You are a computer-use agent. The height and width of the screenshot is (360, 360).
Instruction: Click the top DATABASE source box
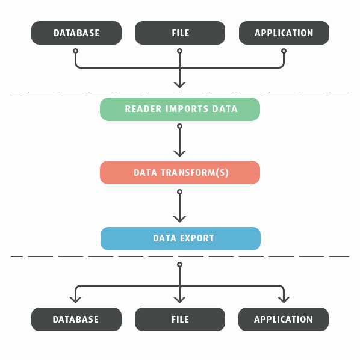click(x=76, y=33)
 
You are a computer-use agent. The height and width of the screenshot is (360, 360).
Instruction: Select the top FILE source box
click(x=180, y=33)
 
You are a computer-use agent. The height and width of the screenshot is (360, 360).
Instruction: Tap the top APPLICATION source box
click(x=284, y=33)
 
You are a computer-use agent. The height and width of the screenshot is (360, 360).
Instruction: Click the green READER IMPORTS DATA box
click(x=180, y=110)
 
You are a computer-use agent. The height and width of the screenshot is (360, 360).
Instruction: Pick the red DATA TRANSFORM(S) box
click(x=180, y=172)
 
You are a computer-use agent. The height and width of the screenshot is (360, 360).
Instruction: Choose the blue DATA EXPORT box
click(x=181, y=238)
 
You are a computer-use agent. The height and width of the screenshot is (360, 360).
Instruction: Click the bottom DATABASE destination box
click(x=76, y=319)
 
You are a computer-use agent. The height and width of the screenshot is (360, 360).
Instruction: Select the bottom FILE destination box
click(x=180, y=319)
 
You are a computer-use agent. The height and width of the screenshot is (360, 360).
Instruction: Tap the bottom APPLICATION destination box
click(x=284, y=319)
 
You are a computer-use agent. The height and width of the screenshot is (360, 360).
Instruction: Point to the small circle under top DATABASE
click(x=75, y=51)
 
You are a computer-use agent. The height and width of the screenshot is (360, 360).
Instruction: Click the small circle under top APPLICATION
click(x=284, y=51)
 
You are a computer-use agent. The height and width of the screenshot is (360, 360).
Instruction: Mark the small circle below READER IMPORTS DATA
click(x=180, y=126)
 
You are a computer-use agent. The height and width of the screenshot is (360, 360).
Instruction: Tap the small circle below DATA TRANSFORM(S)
click(x=180, y=191)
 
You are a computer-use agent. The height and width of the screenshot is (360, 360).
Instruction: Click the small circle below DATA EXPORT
click(x=180, y=265)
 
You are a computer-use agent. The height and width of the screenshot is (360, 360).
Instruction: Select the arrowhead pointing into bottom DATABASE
click(x=75, y=300)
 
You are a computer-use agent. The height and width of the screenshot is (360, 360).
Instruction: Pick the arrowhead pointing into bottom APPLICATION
click(x=284, y=300)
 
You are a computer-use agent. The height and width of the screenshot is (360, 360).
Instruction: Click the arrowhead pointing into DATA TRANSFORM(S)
click(x=180, y=154)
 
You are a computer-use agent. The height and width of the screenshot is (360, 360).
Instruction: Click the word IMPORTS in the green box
click(x=187, y=109)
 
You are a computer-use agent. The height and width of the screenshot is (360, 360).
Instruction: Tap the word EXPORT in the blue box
click(x=197, y=238)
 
